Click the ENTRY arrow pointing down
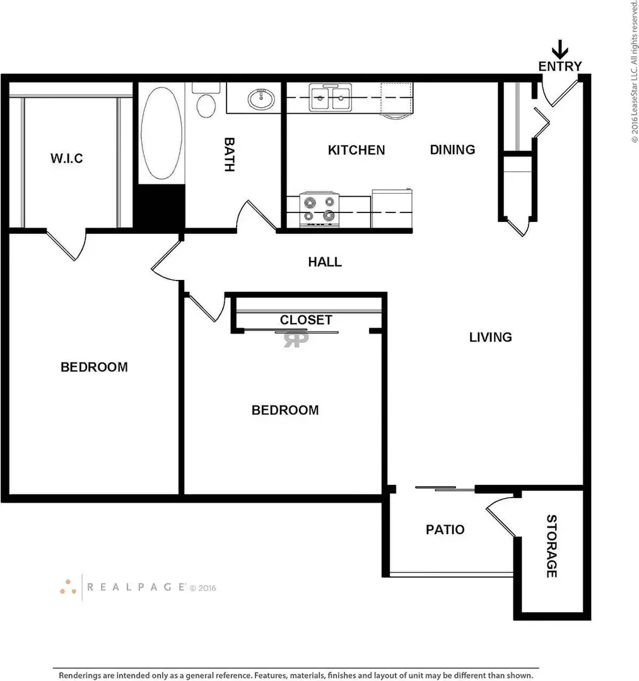(x=560, y=49)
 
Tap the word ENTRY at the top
(x=560, y=66)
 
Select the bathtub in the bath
(x=161, y=133)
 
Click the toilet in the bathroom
(x=206, y=101)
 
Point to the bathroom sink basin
(x=261, y=99)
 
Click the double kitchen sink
(x=330, y=98)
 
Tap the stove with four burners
(x=320, y=209)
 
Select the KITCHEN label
(x=356, y=150)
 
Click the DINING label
(x=452, y=150)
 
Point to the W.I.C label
(x=66, y=158)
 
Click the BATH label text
(x=230, y=154)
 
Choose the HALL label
(x=325, y=262)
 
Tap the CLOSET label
(x=306, y=320)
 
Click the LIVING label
(x=490, y=337)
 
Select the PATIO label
(x=445, y=530)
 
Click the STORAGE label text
(x=552, y=546)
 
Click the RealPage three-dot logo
(x=68, y=587)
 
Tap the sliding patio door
(x=445, y=489)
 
